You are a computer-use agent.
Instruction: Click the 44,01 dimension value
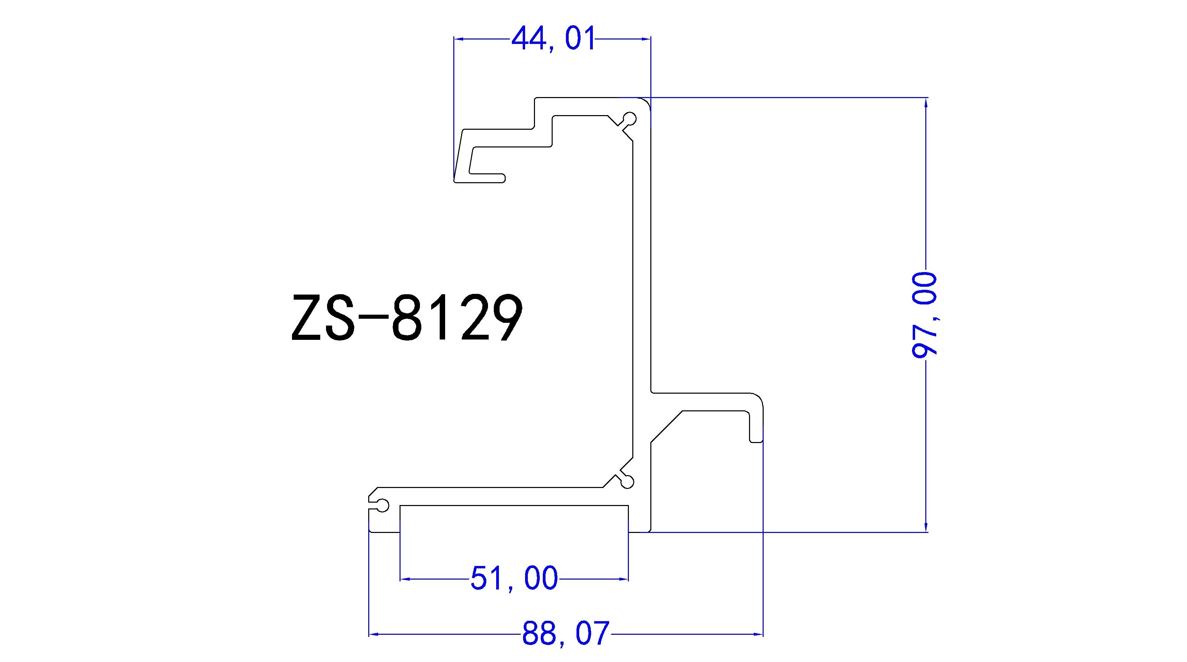(553, 39)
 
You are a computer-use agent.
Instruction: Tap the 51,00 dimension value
(514, 579)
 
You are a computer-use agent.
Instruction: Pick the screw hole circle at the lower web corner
(628, 482)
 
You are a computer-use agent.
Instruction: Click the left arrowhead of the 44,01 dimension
(458, 40)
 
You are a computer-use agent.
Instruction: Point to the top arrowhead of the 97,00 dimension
(927, 103)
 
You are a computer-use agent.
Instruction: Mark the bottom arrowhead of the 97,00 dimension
(927, 527)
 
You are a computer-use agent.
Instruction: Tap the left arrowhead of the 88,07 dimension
(374, 634)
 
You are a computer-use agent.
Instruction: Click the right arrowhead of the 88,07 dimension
(759, 634)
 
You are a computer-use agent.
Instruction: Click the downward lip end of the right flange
(757, 441)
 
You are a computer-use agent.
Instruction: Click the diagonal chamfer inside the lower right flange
(667, 426)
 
